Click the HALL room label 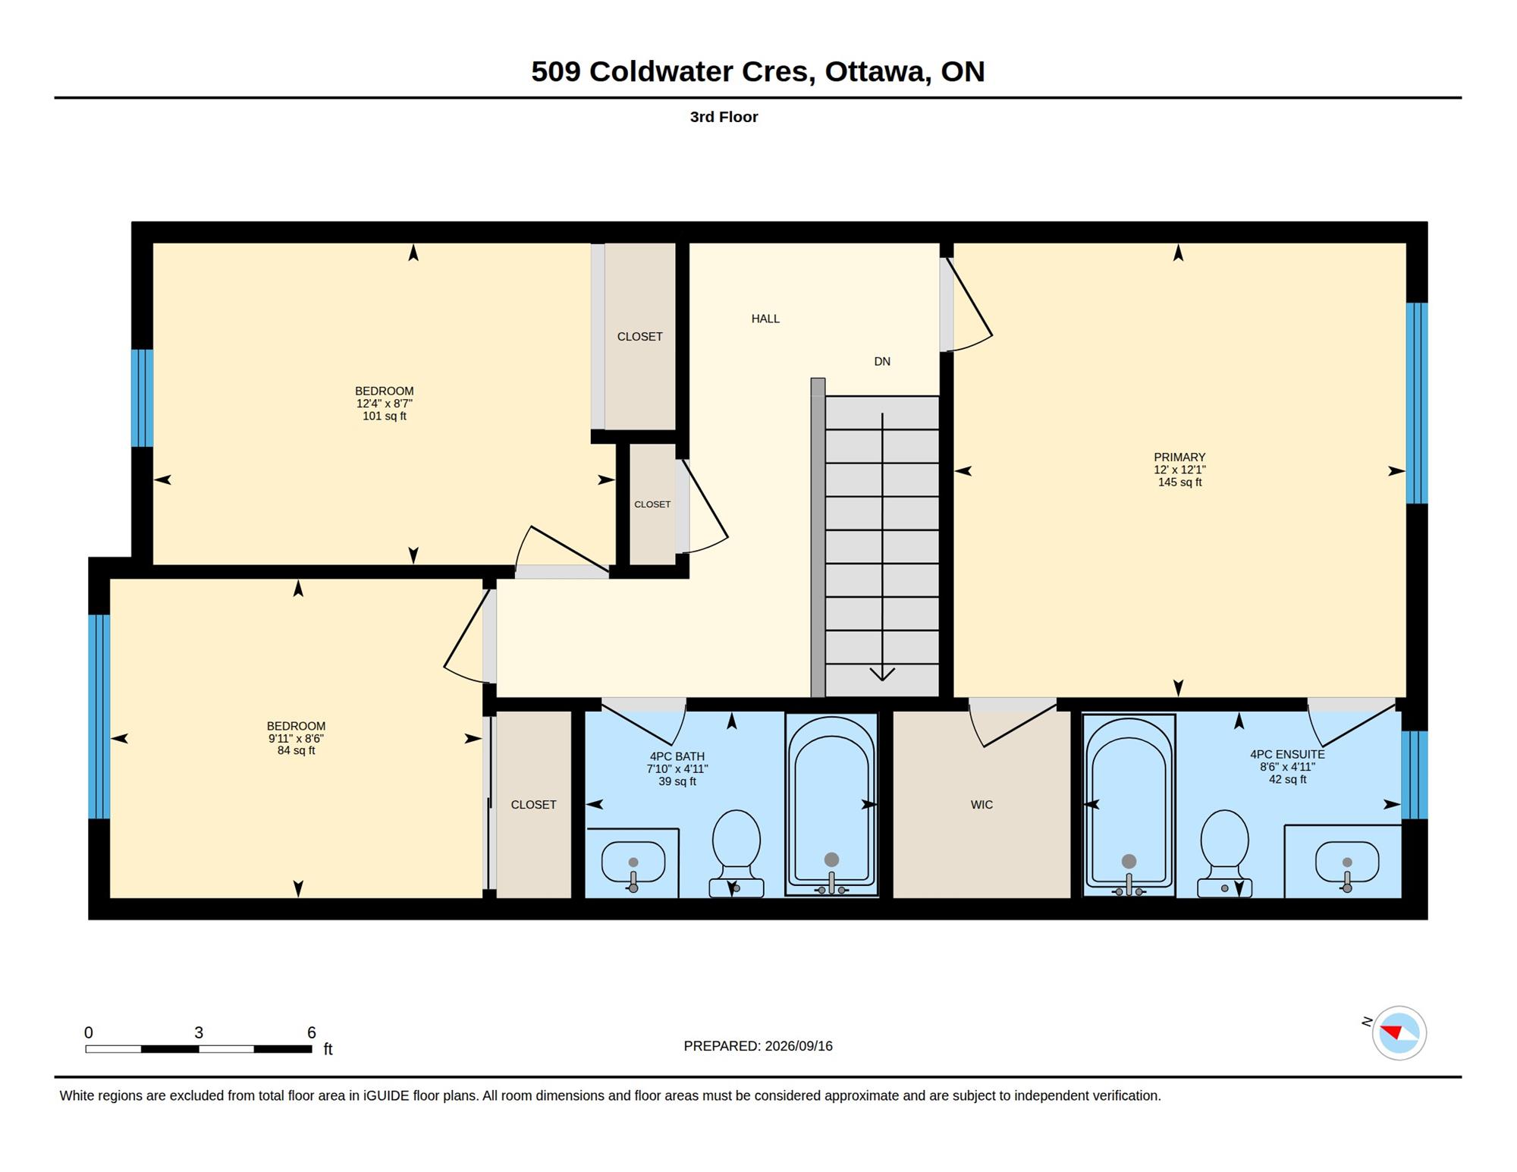coord(765,319)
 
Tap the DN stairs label coord(882,362)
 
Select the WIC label coord(981,805)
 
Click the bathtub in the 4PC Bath coord(831,804)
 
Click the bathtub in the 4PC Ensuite coord(1129,805)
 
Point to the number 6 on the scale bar coord(311,1032)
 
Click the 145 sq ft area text coord(1179,482)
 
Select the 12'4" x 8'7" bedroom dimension coord(385,404)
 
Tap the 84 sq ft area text coord(296,751)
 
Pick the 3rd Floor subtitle coord(724,117)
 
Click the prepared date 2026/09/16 coord(799,1046)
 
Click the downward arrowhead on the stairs coord(882,674)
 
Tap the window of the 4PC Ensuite coord(1414,775)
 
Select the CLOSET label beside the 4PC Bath coord(533,805)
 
